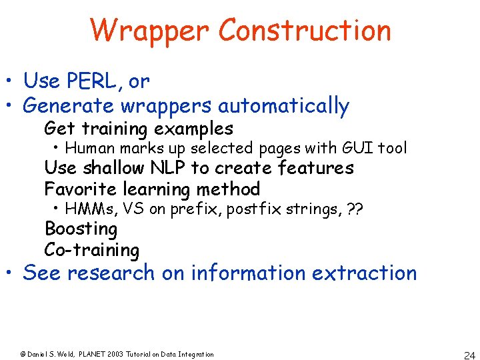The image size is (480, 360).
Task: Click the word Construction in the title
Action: point(304,31)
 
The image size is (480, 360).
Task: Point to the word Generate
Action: point(69,105)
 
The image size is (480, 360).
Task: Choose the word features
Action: point(316,168)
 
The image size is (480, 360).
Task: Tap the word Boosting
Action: point(81,229)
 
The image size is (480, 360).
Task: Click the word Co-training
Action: point(92,250)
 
